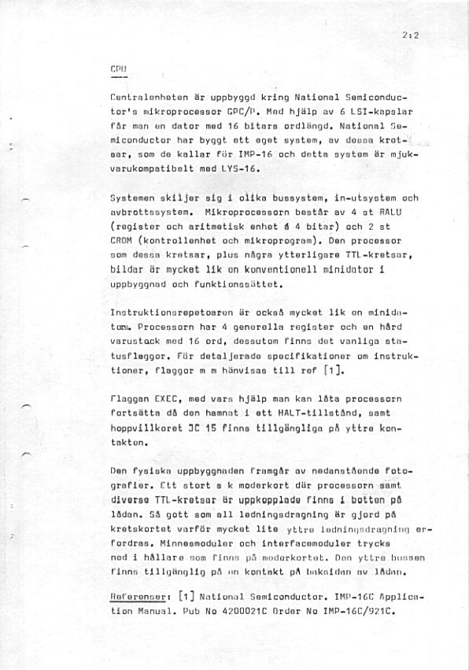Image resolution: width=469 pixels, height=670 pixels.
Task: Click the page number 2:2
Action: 409,35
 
